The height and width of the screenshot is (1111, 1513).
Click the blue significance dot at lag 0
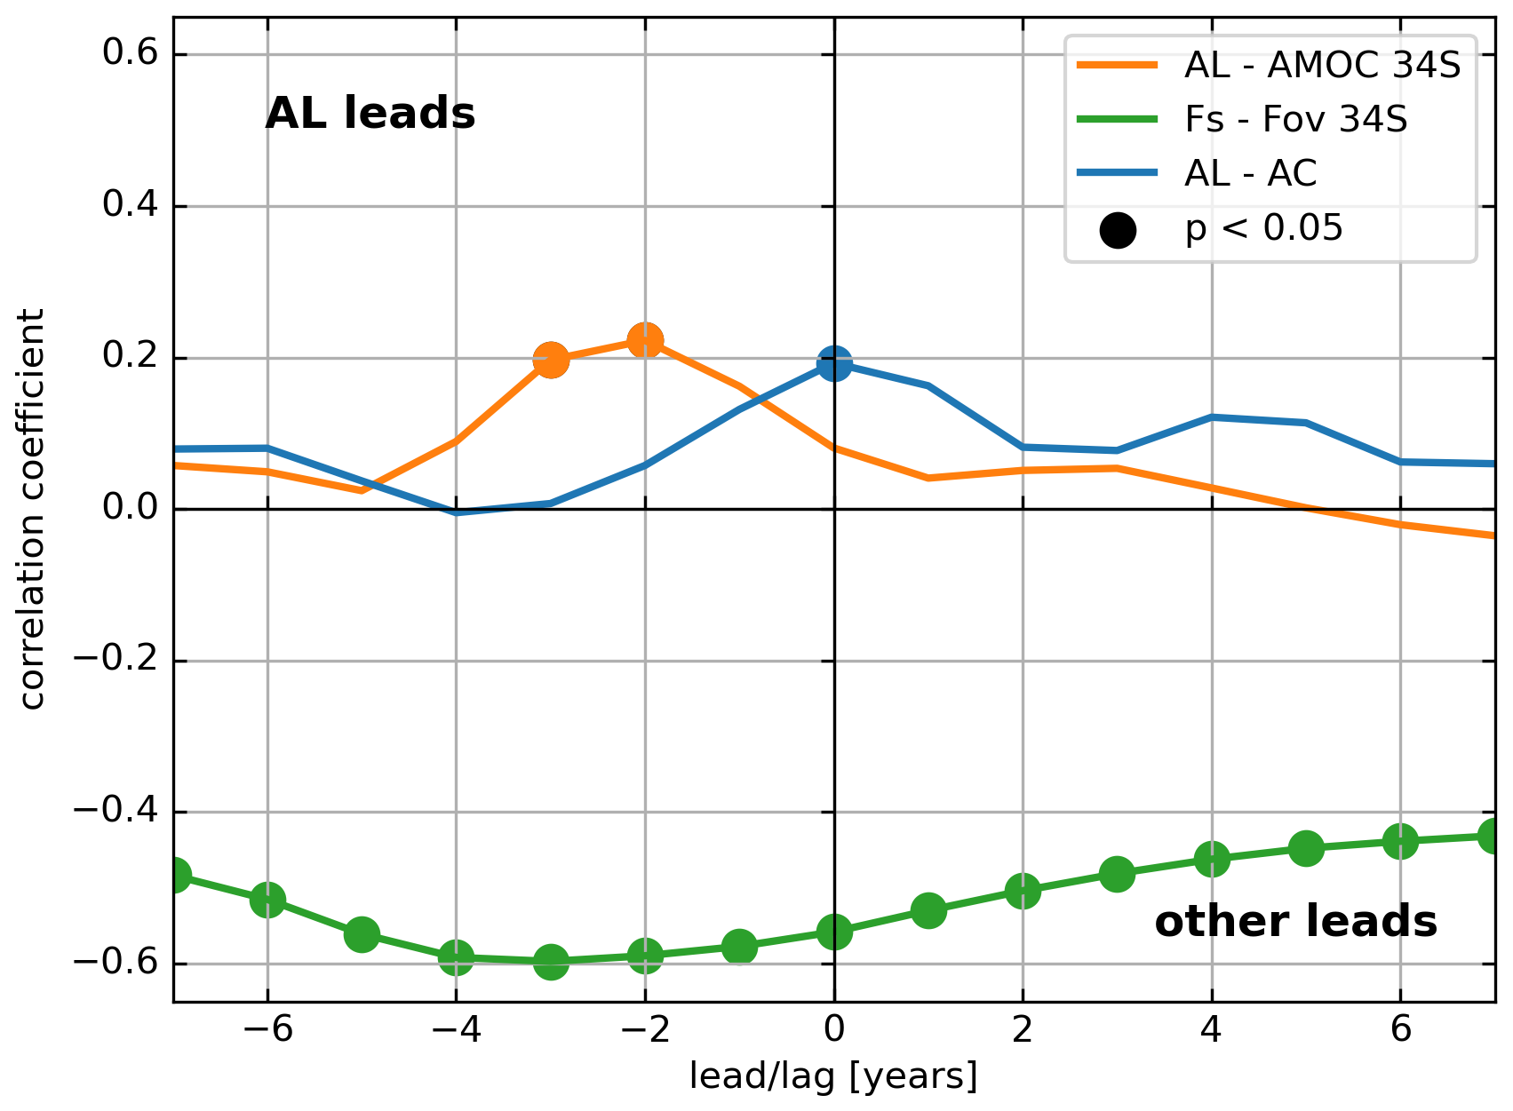tap(833, 363)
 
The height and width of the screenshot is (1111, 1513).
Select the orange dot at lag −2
tap(645, 340)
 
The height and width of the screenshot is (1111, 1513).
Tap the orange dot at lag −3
tap(551, 360)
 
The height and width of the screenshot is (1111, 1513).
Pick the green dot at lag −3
tap(551, 961)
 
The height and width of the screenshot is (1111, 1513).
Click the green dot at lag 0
tap(833, 932)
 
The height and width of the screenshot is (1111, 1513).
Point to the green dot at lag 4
tap(1212, 859)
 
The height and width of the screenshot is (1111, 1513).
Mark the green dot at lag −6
tap(267, 900)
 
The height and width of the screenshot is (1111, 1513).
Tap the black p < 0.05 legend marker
tap(1118, 230)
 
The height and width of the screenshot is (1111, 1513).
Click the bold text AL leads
tap(370, 114)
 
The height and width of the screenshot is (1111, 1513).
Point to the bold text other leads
tap(1295, 922)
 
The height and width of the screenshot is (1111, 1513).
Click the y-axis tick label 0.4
tap(130, 205)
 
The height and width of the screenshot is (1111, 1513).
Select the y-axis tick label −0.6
tap(115, 964)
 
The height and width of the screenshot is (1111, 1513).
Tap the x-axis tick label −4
tap(455, 1029)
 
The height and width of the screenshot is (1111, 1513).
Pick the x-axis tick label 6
tap(1400, 1029)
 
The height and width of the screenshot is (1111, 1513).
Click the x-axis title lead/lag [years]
tap(833, 1076)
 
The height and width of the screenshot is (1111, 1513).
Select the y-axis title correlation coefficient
tap(32, 509)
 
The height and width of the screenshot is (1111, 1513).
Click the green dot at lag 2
tap(1023, 890)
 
